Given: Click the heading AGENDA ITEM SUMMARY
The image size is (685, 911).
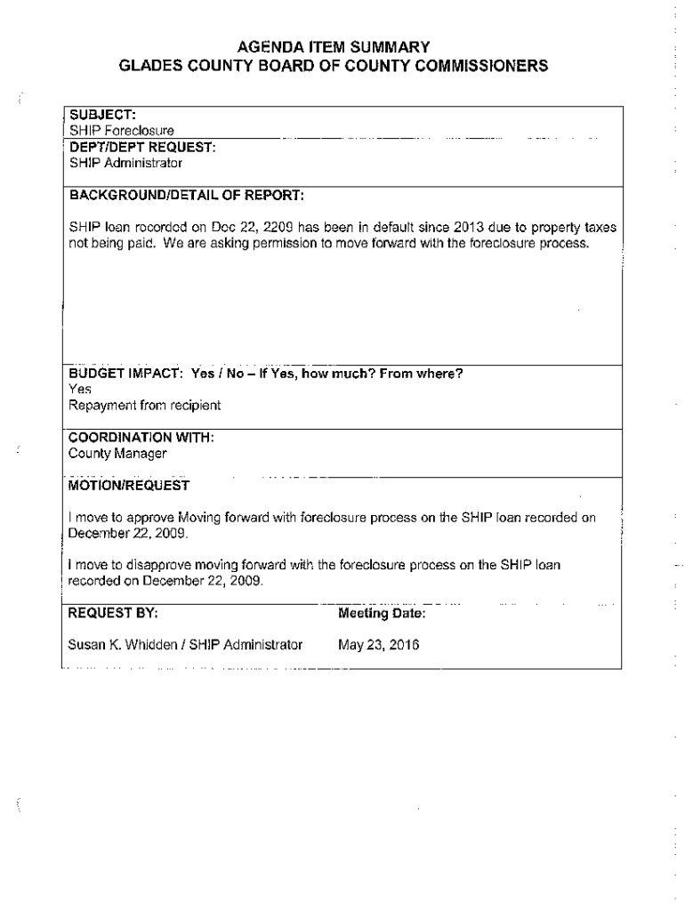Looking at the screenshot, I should [342, 46].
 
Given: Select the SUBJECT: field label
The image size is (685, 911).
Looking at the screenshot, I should [102, 115].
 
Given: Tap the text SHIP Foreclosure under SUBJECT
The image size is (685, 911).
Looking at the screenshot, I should [121, 132].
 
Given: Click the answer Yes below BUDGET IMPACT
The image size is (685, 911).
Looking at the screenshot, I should [80, 389].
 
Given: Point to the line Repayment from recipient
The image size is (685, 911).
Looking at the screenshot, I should [145, 405].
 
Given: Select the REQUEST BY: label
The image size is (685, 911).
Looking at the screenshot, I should [114, 613].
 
